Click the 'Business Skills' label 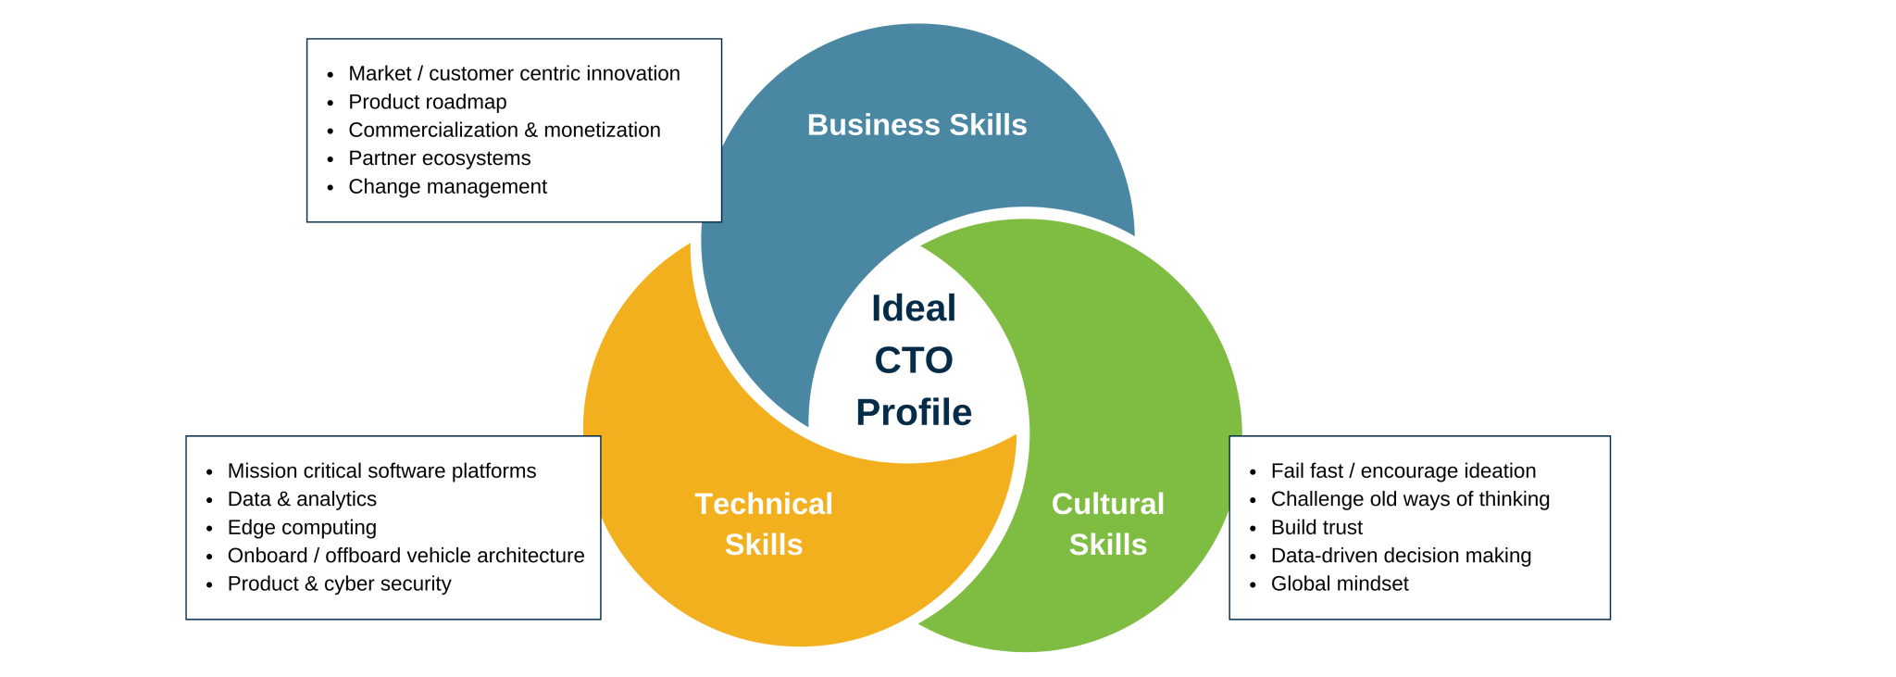(x=917, y=125)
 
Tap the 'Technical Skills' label (x=764, y=523)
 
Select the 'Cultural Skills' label (x=1107, y=523)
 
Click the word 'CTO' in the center (x=914, y=360)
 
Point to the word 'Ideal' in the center (x=914, y=308)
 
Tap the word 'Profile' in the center (x=914, y=412)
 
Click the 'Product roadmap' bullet (x=427, y=102)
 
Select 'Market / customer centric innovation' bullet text (x=514, y=73)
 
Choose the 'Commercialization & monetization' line (x=504, y=130)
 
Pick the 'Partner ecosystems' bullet (x=439, y=158)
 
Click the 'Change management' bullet (x=447, y=186)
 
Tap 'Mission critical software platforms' (x=381, y=470)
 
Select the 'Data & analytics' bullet (x=302, y=499)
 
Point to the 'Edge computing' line (x=302, y=527)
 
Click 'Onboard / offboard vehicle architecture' (x=405, y=556)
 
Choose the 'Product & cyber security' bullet (x=339, y=583)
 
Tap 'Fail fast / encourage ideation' (x=1403, y=470)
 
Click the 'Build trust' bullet (x=1316, y=527)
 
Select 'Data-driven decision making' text (x=1401, y=556)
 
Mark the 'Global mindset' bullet (x=1340, y=583)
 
